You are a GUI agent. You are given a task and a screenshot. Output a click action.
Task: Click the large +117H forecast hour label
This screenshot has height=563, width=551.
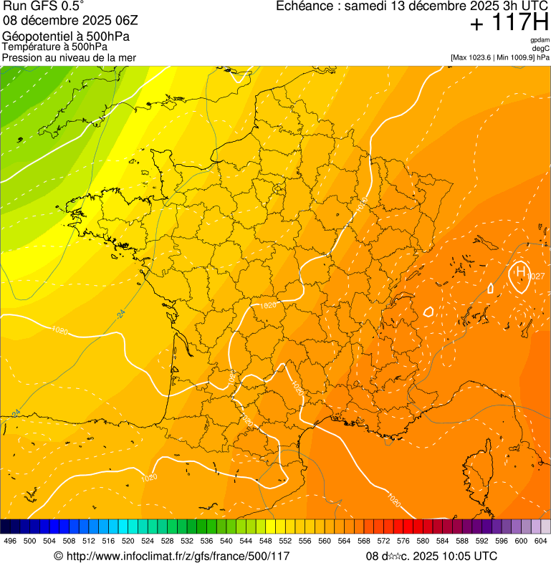tap(509, 24)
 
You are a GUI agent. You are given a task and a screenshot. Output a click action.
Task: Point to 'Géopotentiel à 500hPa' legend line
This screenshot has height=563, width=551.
tap(60, 36)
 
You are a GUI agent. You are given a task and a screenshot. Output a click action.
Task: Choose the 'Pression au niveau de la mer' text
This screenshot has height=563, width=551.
tap(69, 57)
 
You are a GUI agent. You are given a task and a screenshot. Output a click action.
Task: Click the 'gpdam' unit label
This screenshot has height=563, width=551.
tap(540, 40)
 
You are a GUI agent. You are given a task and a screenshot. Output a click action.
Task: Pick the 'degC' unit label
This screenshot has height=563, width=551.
tap(541, 48)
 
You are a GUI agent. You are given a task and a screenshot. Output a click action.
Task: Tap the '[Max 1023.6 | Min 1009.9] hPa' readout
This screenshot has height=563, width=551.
tap(500, 57)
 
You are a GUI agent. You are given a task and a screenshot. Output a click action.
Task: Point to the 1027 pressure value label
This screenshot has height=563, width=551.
tap(537, 276)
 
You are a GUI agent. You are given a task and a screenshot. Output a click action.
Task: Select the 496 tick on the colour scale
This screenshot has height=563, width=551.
tap(10, 541)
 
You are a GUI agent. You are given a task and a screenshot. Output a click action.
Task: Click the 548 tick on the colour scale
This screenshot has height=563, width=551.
tap(266, 541)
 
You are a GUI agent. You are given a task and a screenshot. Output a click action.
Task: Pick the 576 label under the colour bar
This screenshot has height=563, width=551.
tap(403, 541)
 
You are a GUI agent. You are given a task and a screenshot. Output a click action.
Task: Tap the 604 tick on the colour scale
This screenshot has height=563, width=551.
tap(541, 541)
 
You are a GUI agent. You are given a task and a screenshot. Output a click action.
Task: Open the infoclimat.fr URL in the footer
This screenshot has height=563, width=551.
tap(172, 556)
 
